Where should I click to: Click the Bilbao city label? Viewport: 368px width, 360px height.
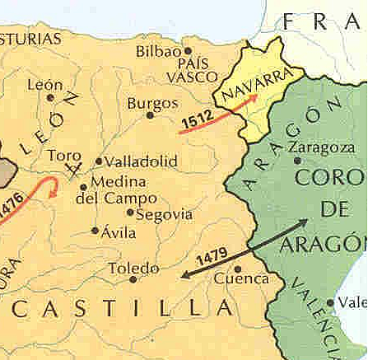coord(157,52)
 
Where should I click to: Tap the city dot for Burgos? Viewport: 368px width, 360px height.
coord(150,115)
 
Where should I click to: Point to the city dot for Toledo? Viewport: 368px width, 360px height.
coord(133,279)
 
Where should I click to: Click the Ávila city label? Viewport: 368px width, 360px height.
coord(117,232)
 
